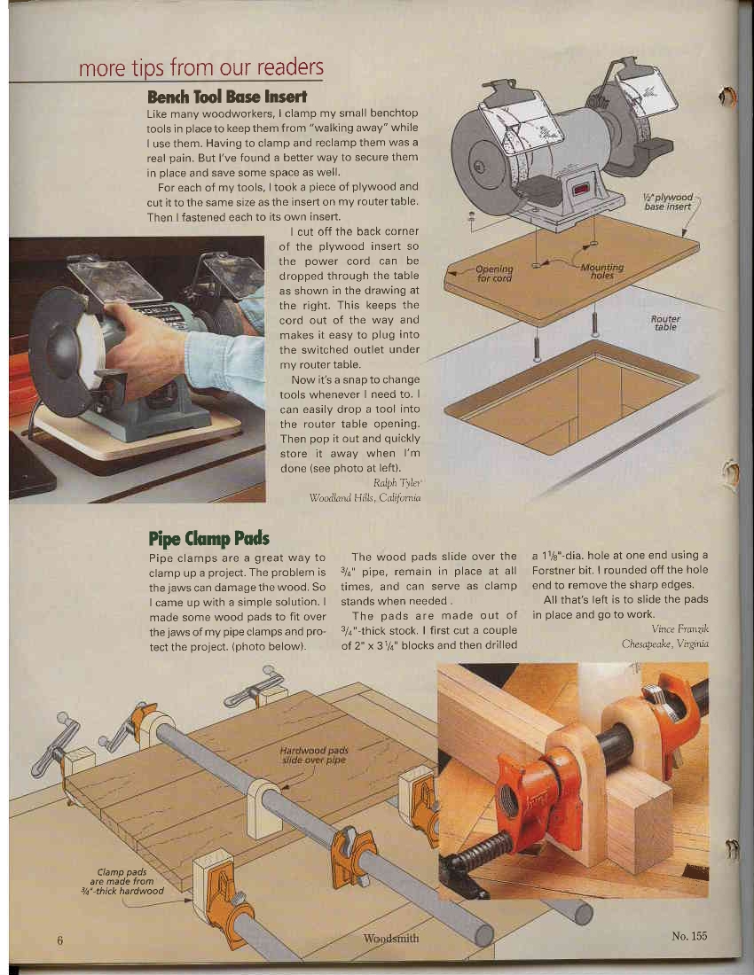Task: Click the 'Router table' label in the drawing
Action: pos(665,322)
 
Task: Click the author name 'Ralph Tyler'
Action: pos(397,483)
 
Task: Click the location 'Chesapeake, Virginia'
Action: pos(664,643)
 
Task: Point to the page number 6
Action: pos(59,940)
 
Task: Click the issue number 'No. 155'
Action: pos(689,936)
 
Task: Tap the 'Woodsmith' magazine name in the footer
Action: pos(391,938)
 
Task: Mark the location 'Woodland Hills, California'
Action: pos(365,498)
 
